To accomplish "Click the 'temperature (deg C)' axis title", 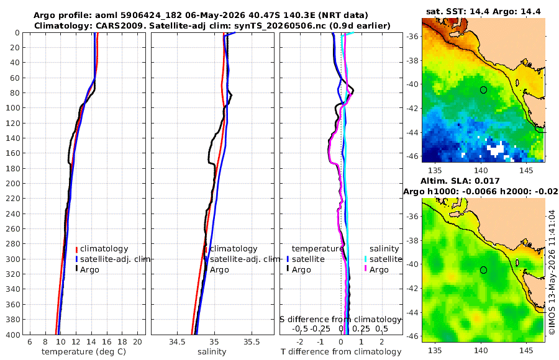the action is (84, 352).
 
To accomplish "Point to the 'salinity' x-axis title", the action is (212, 352).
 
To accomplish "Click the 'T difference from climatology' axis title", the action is (341, 352).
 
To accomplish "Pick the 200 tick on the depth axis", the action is (12, 183).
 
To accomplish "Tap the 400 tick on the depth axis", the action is (12, 335).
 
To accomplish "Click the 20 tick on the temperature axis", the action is (137, 342).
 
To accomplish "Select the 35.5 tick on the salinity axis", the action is (252, 342).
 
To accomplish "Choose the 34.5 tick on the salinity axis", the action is (177, 342).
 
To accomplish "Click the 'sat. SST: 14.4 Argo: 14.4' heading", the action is (483, 11).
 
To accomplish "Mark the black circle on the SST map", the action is (483, 90).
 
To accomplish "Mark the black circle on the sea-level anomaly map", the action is (483, 270).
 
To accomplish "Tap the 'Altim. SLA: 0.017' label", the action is (460, 181).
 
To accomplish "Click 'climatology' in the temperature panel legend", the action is (104, 249).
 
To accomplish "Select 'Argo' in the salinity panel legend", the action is (219, 270).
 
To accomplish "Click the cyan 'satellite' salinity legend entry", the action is (386, 259).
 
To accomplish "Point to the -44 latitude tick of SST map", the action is (413, 132).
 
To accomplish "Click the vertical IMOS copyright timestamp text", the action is (552, 272).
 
